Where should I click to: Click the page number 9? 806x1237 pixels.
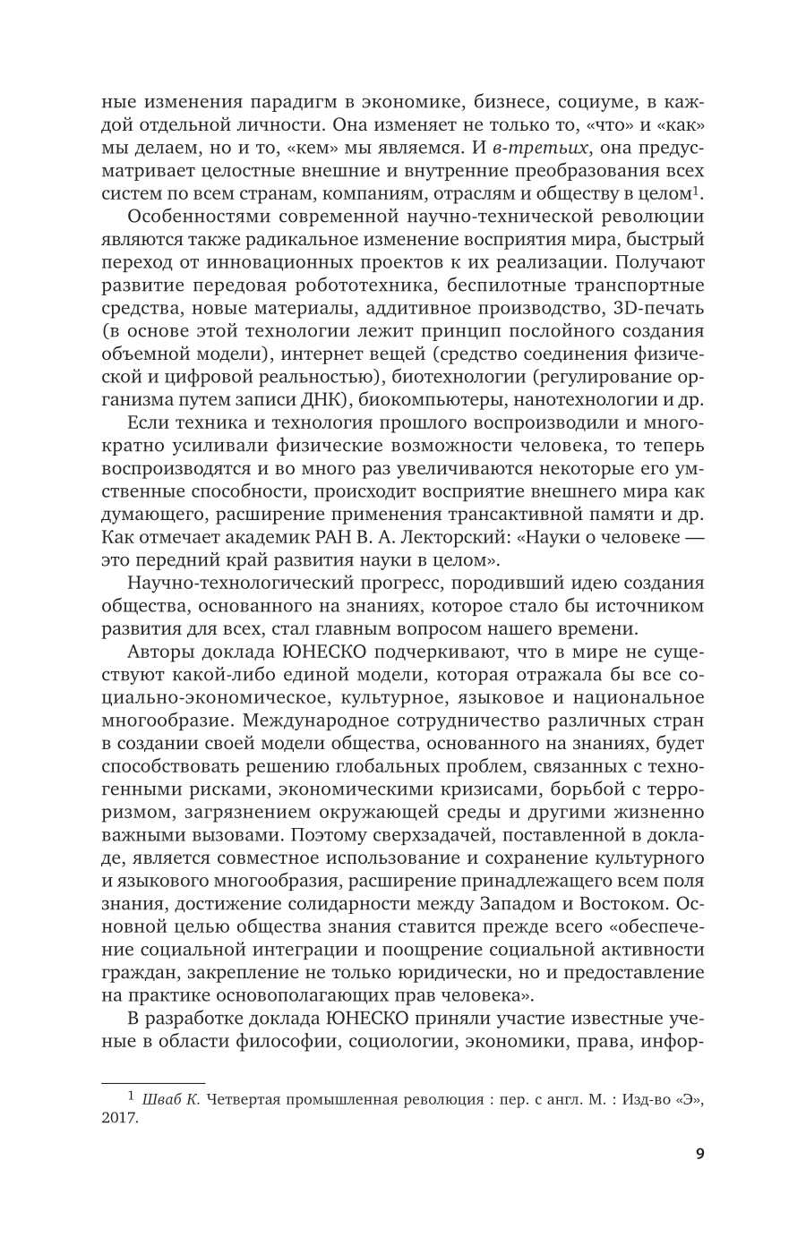[x=699, y=1154]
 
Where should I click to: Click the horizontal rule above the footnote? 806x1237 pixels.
[x=153, y=1081]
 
